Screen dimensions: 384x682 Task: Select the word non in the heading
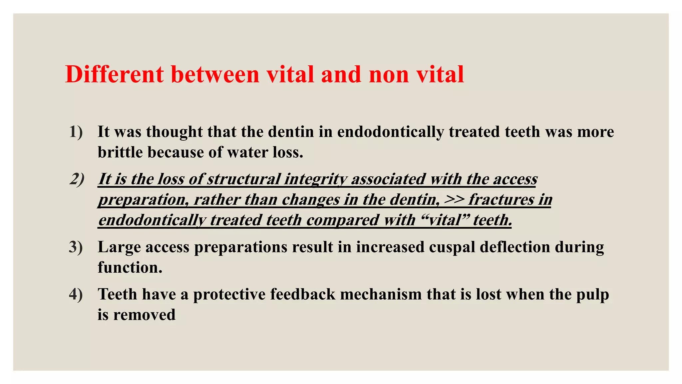(389, 74)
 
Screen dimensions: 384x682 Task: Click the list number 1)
(76, 132)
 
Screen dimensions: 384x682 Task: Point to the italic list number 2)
(77, 179)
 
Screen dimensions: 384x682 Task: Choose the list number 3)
(76, 247)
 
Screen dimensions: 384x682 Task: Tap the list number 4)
(76, 294)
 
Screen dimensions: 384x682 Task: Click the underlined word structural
(244, 179)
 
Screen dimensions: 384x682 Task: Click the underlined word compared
(342, 220)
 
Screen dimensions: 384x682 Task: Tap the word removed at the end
(144, 315)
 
